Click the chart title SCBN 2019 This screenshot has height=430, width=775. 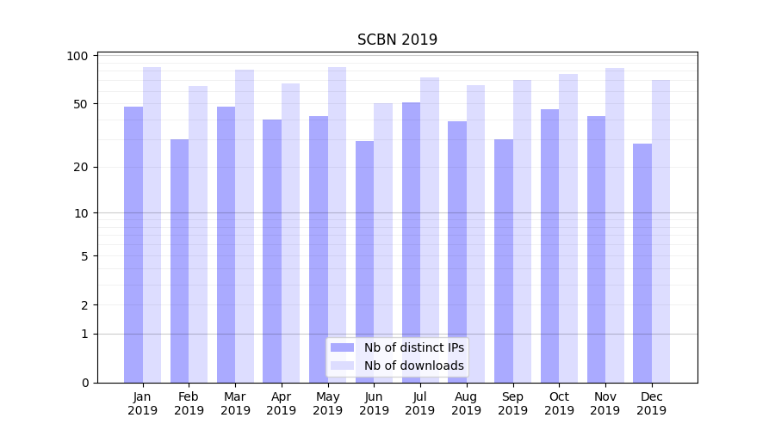coord(397,40)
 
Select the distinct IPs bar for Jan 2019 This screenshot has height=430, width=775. coord(133,244)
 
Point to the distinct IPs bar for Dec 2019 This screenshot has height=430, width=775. coord(642,263)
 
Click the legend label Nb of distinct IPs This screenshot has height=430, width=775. coord(413,347)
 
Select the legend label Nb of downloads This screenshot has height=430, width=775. coord(413,365)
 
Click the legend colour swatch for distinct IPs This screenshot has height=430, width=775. coord(343,347)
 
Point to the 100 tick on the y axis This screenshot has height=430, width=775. coord(77,56)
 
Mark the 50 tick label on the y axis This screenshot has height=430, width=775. coord(81,104)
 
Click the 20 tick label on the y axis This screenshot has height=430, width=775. coord(81,167)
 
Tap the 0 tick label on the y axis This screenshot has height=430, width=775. coord(84,383)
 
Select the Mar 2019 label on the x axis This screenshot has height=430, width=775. coord(235,403)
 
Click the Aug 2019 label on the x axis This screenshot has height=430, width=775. coord(466,403)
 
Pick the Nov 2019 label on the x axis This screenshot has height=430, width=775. coord(604,403)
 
